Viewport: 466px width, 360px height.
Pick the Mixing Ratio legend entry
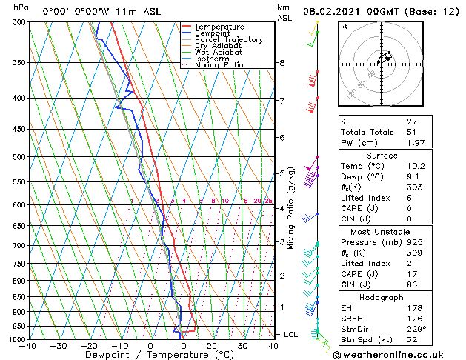point(219,65)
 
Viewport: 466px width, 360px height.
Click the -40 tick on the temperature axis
point(28,346)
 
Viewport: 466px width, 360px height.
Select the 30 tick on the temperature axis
point(242,346)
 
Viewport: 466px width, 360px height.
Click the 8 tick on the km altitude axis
point(282,63)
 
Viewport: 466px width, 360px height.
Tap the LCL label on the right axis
point(291,335)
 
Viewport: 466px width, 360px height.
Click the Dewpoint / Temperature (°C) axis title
point(150,355)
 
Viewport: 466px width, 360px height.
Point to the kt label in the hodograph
point(344,26)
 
